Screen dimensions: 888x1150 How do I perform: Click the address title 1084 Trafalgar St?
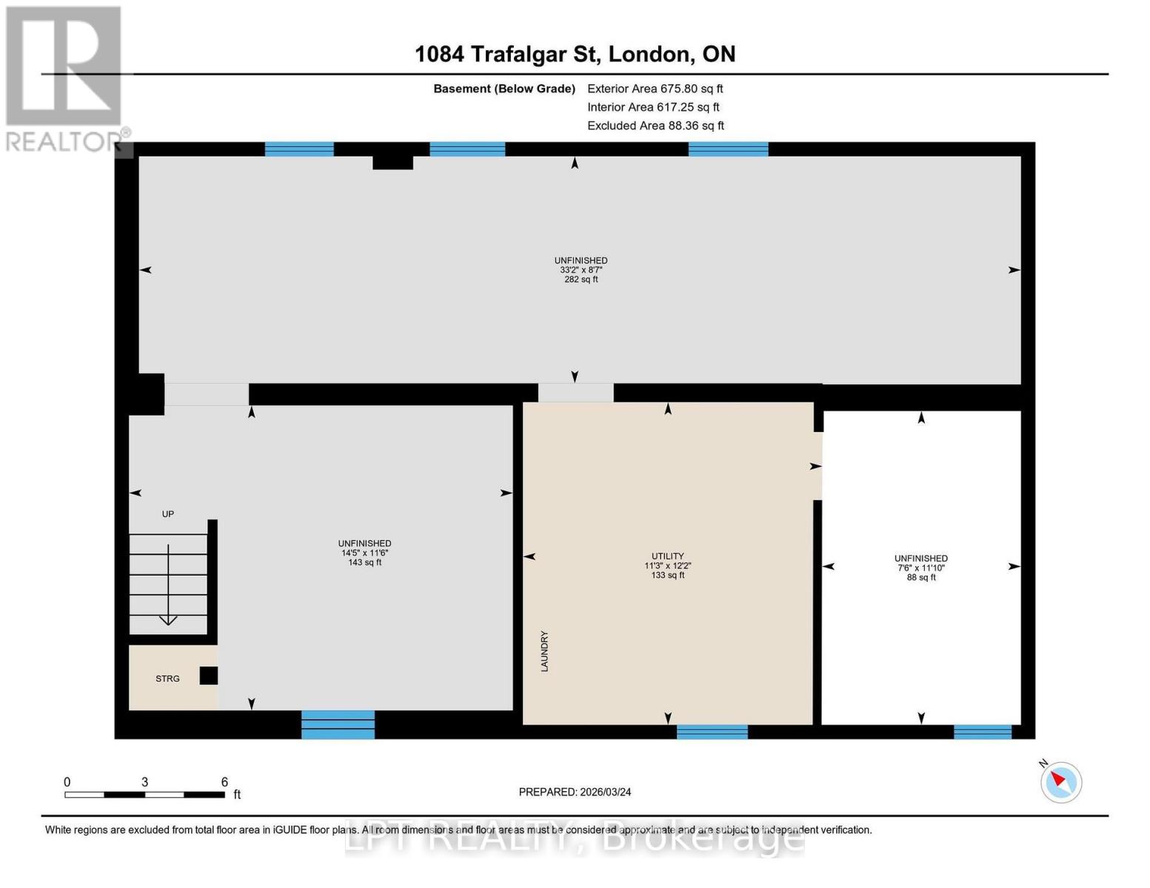point(575,54)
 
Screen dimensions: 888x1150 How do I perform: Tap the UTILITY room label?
point(667,556)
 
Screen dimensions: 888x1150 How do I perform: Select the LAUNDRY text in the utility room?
point(544,651)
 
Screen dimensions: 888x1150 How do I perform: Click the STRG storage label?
point(167,679)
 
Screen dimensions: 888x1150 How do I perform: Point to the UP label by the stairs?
point(168,514)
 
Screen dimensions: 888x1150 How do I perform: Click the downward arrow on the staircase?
point(168,619)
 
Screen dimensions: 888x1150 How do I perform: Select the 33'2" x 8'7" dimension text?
point(581,270)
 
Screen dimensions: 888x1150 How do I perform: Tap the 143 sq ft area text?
point(364,562)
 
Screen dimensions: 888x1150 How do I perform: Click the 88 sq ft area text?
point(920,577)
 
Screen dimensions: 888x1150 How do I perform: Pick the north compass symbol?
point(1060,781)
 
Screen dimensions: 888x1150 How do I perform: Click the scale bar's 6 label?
point(224,782)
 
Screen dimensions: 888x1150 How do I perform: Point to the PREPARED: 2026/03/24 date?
point(575,792)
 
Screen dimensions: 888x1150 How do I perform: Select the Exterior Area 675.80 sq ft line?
point(655,89)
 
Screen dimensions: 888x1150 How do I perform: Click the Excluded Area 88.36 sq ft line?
point(655,126)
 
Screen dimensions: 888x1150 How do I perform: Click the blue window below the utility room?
point(712,731)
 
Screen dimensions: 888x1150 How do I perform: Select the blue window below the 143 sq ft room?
point(338,724)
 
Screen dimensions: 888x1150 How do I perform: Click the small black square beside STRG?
point(209,676)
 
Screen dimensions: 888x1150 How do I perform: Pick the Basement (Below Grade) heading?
point(504,89)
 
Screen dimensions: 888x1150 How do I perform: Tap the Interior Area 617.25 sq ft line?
point(653,107)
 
